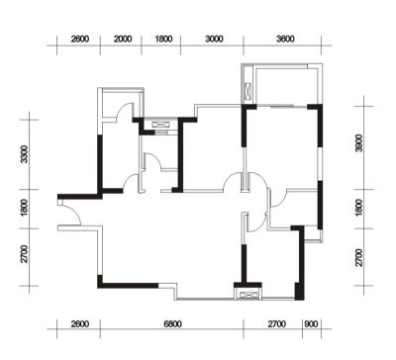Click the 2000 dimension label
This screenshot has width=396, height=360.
(x=123, y=40)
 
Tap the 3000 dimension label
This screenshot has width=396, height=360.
(x=214, y=40)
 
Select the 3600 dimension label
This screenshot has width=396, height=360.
(x=285, y=40)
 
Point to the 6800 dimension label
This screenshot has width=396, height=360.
(x=172, y=324)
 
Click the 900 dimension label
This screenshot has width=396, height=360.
(x=311, y=324)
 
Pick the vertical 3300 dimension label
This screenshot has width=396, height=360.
(x=24, y=154)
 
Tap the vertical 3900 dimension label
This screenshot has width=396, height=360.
(x=359, y=143)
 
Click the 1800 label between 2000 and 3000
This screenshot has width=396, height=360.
(x=163, y=40)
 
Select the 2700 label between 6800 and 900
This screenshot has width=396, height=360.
(x=277, y=324)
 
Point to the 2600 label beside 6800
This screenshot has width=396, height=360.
(x=80, y=324)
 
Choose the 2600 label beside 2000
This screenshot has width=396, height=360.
(x=80, y=40)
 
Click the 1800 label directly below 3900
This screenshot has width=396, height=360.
(x=359, y=208)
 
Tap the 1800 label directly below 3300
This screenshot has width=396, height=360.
(x=24, y=208)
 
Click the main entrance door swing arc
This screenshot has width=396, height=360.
(x=75, y=211)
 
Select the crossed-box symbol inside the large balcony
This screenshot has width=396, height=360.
(x=247, y=92)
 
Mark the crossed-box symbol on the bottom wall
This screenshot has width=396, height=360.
(x=247, y=294)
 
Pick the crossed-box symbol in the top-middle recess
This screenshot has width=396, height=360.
(x=161, y=125)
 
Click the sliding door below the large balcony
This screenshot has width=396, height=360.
(x=282, y=106)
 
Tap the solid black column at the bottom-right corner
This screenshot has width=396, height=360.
(x=299, y=291)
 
